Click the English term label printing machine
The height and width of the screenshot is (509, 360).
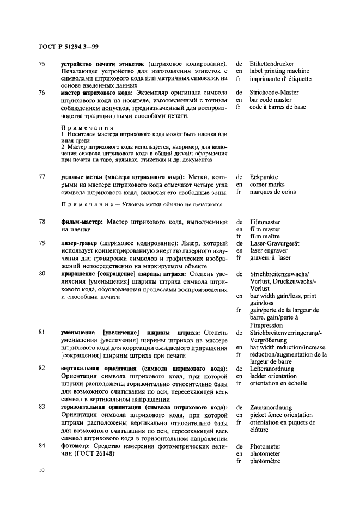pos(279,71)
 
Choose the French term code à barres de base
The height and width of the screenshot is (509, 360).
pos(278,107)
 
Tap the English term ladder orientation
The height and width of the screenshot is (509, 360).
pos(273,376)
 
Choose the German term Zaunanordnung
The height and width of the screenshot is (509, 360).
pos(271,407)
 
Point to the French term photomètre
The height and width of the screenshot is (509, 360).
pos(265,461)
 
